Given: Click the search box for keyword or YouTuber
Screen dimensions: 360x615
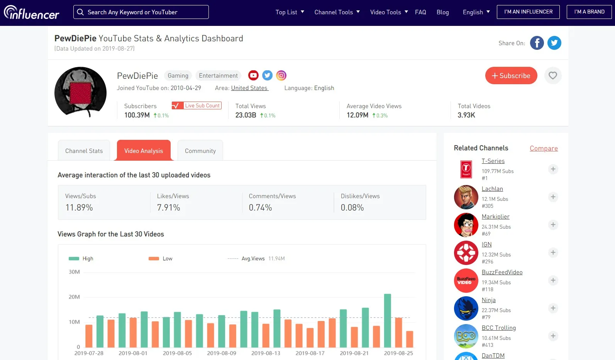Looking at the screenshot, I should [141, 12].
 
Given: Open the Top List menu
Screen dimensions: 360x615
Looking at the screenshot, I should [290, 12].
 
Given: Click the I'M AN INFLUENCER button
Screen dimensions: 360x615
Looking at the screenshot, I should [528, 12].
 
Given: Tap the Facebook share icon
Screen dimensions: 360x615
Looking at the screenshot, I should [537, 43].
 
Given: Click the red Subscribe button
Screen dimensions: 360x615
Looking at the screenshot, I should [511, 76].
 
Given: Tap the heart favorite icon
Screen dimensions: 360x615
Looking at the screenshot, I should [553, 76].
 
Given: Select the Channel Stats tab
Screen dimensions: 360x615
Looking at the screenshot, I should [84, 151].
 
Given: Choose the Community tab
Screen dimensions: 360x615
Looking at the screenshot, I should [200, 151].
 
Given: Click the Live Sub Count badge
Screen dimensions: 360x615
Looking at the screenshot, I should [197, 105].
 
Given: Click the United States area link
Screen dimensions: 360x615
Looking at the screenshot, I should [249, 88].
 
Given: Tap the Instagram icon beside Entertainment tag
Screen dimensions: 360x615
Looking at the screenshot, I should [281, 75].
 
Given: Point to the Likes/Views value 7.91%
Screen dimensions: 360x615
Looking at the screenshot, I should [168, 207].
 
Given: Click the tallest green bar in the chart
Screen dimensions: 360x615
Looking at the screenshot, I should [387, 320].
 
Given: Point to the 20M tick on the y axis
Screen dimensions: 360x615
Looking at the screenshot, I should [74, 297].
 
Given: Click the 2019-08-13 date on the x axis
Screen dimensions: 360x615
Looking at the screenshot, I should [266, 353].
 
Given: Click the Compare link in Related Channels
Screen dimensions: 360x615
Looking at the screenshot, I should [544, 148].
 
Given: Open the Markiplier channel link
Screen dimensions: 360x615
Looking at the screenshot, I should [495, 217].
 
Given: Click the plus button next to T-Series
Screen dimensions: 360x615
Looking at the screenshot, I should [553, 169].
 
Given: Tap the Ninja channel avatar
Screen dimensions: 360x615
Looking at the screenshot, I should [466, 308].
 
